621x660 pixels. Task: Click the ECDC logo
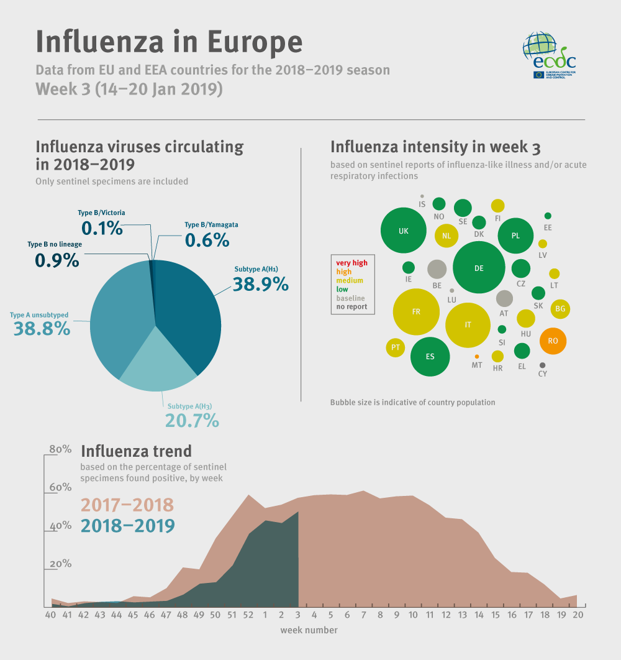[549, 55]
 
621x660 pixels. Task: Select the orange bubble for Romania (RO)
[553, 341]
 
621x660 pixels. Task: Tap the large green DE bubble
[478, 268]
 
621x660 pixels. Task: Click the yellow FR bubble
[416, 311]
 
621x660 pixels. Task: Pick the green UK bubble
[404, 231]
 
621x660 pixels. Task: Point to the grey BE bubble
[437, 269]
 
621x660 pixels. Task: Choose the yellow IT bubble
[468, 324]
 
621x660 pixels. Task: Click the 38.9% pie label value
[260, 284]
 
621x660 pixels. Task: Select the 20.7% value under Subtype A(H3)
[192, 421]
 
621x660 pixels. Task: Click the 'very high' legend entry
[351, 263]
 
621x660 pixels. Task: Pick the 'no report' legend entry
[351, 306]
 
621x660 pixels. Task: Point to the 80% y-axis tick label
[61, 449]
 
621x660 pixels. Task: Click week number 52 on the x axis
[248, 615]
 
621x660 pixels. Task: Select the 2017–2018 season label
[127, 505]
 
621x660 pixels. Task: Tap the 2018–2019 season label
[127, 526]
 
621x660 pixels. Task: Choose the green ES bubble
[430, 357]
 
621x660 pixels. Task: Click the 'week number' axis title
[309, 630]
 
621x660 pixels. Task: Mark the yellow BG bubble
[560, 308]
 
